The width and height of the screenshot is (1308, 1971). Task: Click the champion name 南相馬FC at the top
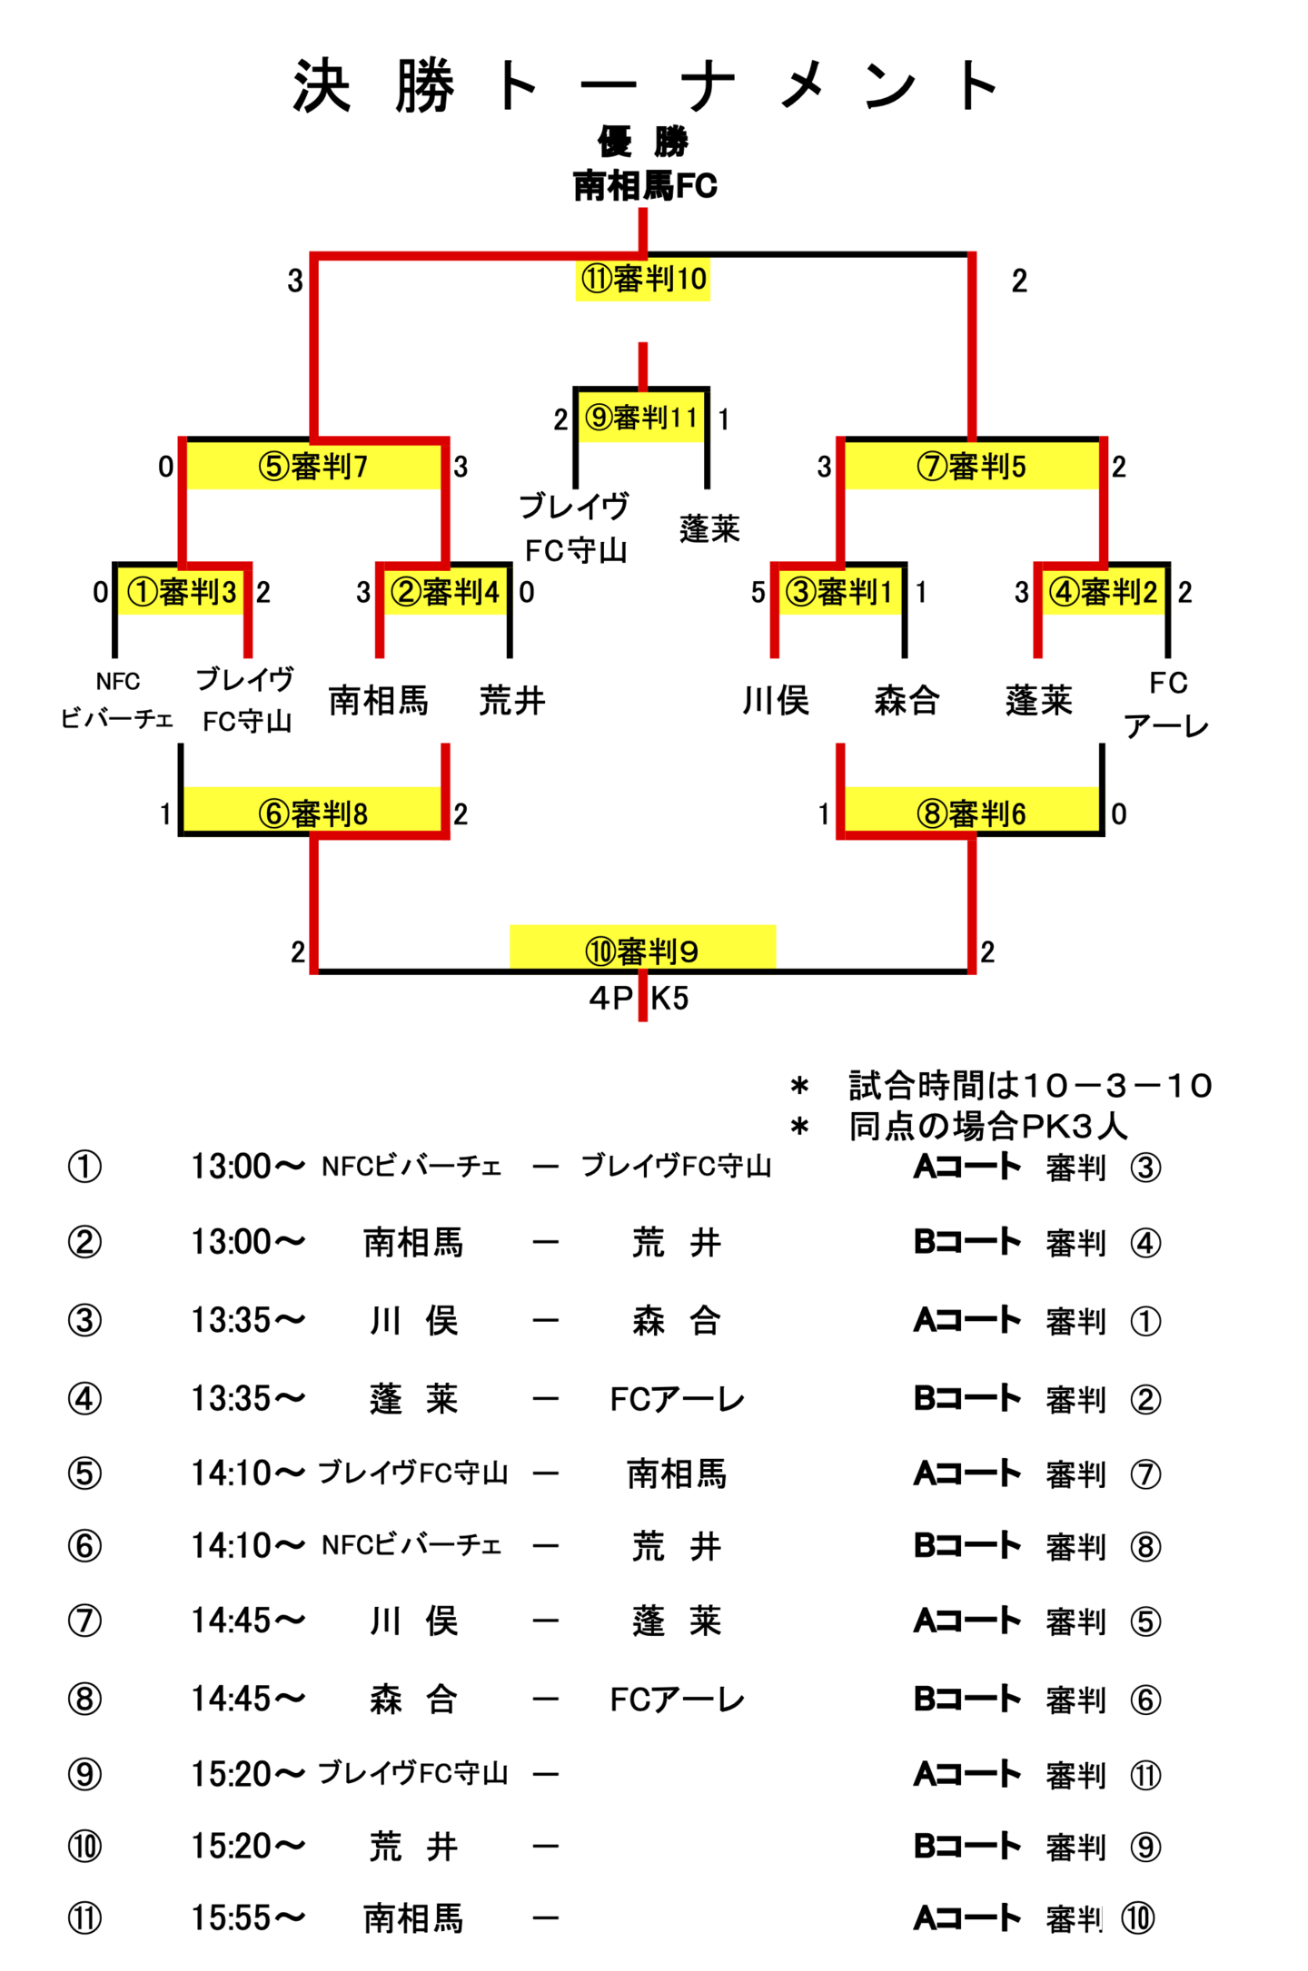pos(644,186)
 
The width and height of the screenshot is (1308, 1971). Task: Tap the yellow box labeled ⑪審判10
pos(642,279)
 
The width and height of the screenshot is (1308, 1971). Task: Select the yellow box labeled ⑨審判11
pos(641,419)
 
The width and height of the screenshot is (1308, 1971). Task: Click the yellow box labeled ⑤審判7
pos(313,467)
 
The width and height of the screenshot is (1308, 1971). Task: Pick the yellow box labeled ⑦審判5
pos(971,467)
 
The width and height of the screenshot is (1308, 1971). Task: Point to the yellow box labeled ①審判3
pos(182,593)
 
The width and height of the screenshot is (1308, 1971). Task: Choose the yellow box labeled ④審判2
pos(1103,593)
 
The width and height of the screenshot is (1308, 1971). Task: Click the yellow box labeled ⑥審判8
pos(313,813)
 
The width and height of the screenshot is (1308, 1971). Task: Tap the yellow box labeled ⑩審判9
pos(642,950)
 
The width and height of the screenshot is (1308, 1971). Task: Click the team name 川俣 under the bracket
pos(775,701)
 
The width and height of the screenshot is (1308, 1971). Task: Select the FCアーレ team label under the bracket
pos(1167,705)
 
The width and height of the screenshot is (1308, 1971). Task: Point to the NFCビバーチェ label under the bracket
pos(117,700)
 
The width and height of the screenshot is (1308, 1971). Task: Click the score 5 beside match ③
pos(758,593)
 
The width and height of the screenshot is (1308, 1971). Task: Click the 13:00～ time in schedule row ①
pos(247,1167)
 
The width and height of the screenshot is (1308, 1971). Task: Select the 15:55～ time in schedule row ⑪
pos(247,1918)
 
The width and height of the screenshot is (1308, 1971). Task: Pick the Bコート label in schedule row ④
pos(967,1398)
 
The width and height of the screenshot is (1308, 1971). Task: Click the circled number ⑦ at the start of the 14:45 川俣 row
pos(84,1621)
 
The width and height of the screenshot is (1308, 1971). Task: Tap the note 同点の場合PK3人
pos(987,1127)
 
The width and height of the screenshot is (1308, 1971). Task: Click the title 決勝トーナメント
pos(644,87)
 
